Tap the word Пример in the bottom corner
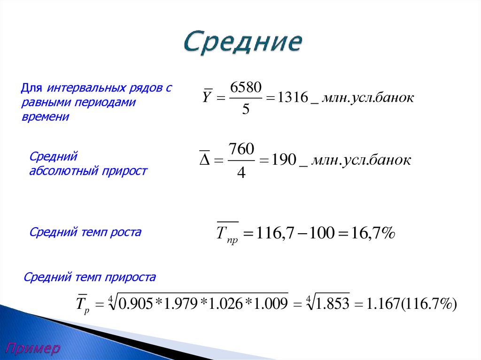pos(33,348)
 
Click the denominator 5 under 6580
pos(245,110)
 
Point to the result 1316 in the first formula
pos(293,98)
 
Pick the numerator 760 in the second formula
pos(241,150)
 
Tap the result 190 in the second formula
pos(283,161)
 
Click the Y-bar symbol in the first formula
pos(207,98)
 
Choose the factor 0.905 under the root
pos(136,305)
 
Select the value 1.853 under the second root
pos(333,305)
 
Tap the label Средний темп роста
pos(85,232)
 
